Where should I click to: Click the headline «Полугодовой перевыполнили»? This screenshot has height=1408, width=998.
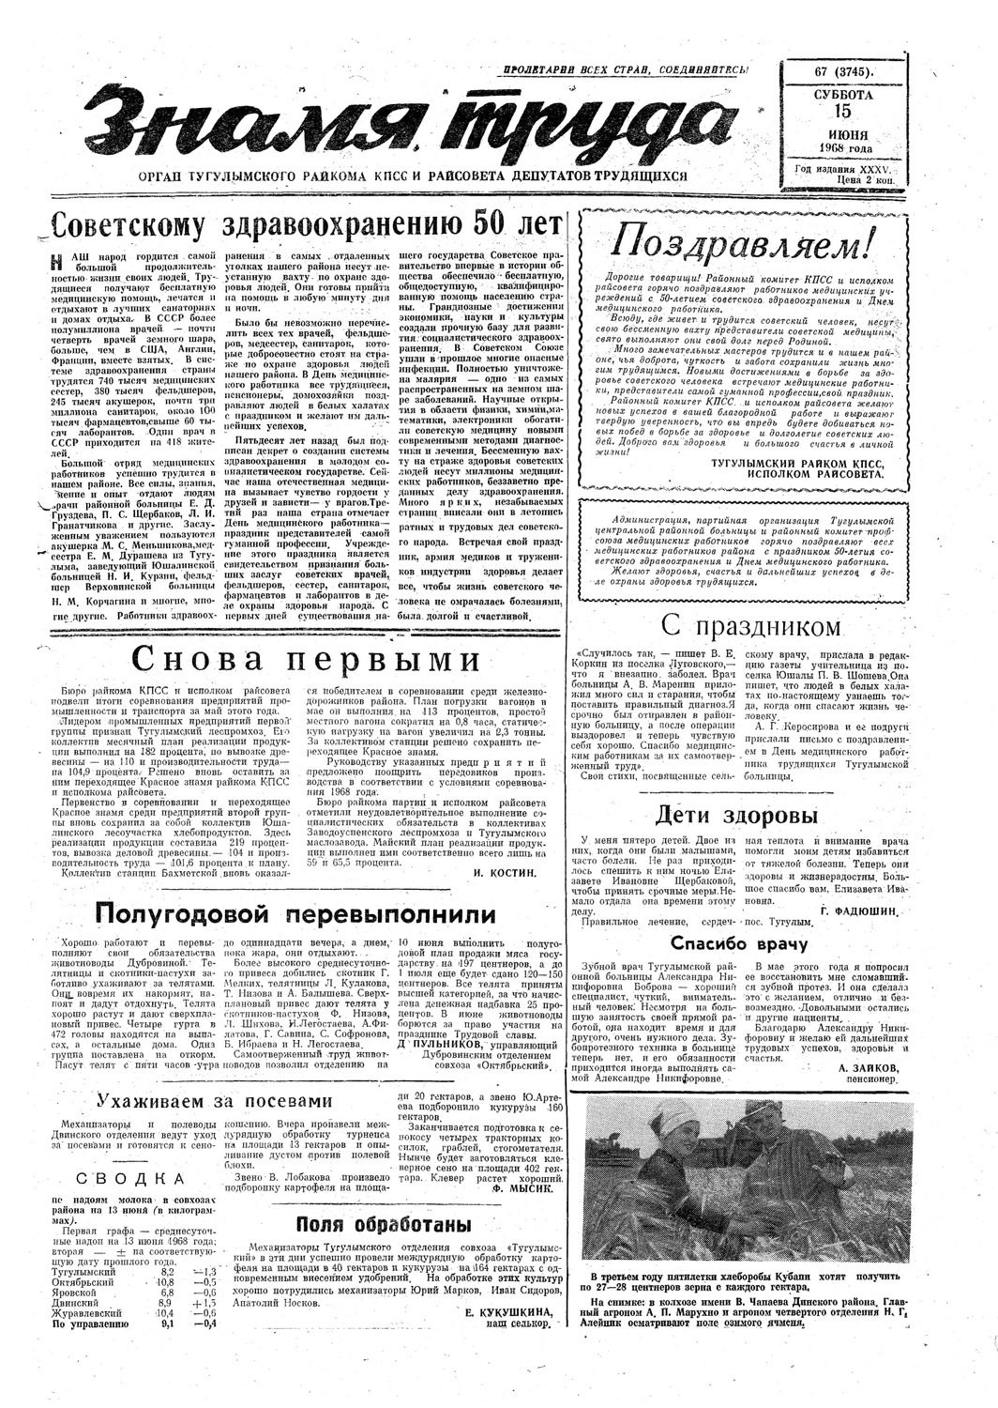point(295,913)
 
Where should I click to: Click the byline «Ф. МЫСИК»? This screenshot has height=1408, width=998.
point(516,1186)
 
